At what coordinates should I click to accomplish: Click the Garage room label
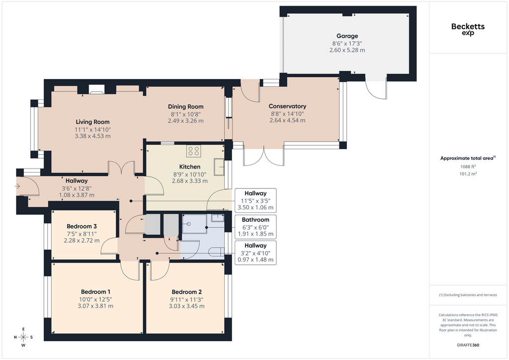click(347, 36)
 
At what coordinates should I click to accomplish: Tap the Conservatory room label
click(287, 106)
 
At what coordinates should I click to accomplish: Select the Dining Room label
click(186, 106)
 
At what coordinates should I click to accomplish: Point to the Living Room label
click(92, 122)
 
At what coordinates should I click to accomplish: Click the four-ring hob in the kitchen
click(194, 151)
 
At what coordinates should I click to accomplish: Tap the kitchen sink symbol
click(219, 167)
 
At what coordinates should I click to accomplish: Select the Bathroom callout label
click(255, 220)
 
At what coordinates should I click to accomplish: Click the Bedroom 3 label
click(82, 226)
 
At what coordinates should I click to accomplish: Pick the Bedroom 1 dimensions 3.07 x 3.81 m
click(95, 306)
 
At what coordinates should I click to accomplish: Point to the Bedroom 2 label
click(187, 292)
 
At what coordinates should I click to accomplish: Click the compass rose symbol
click(23, 337)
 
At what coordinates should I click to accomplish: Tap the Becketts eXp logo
click(468, 29)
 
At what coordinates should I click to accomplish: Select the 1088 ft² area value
click(468, 167)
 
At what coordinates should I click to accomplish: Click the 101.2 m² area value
click(468, 174)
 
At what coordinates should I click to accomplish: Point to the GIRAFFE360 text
click(468, 345)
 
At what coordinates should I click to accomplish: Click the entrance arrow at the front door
click(17, 186)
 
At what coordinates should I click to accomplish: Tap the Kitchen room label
click(189, 167)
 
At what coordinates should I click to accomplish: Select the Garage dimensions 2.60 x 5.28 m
click(347, 50)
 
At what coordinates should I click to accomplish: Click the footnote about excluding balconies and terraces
click(468, 295)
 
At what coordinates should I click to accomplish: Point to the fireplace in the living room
click(96, 90)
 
